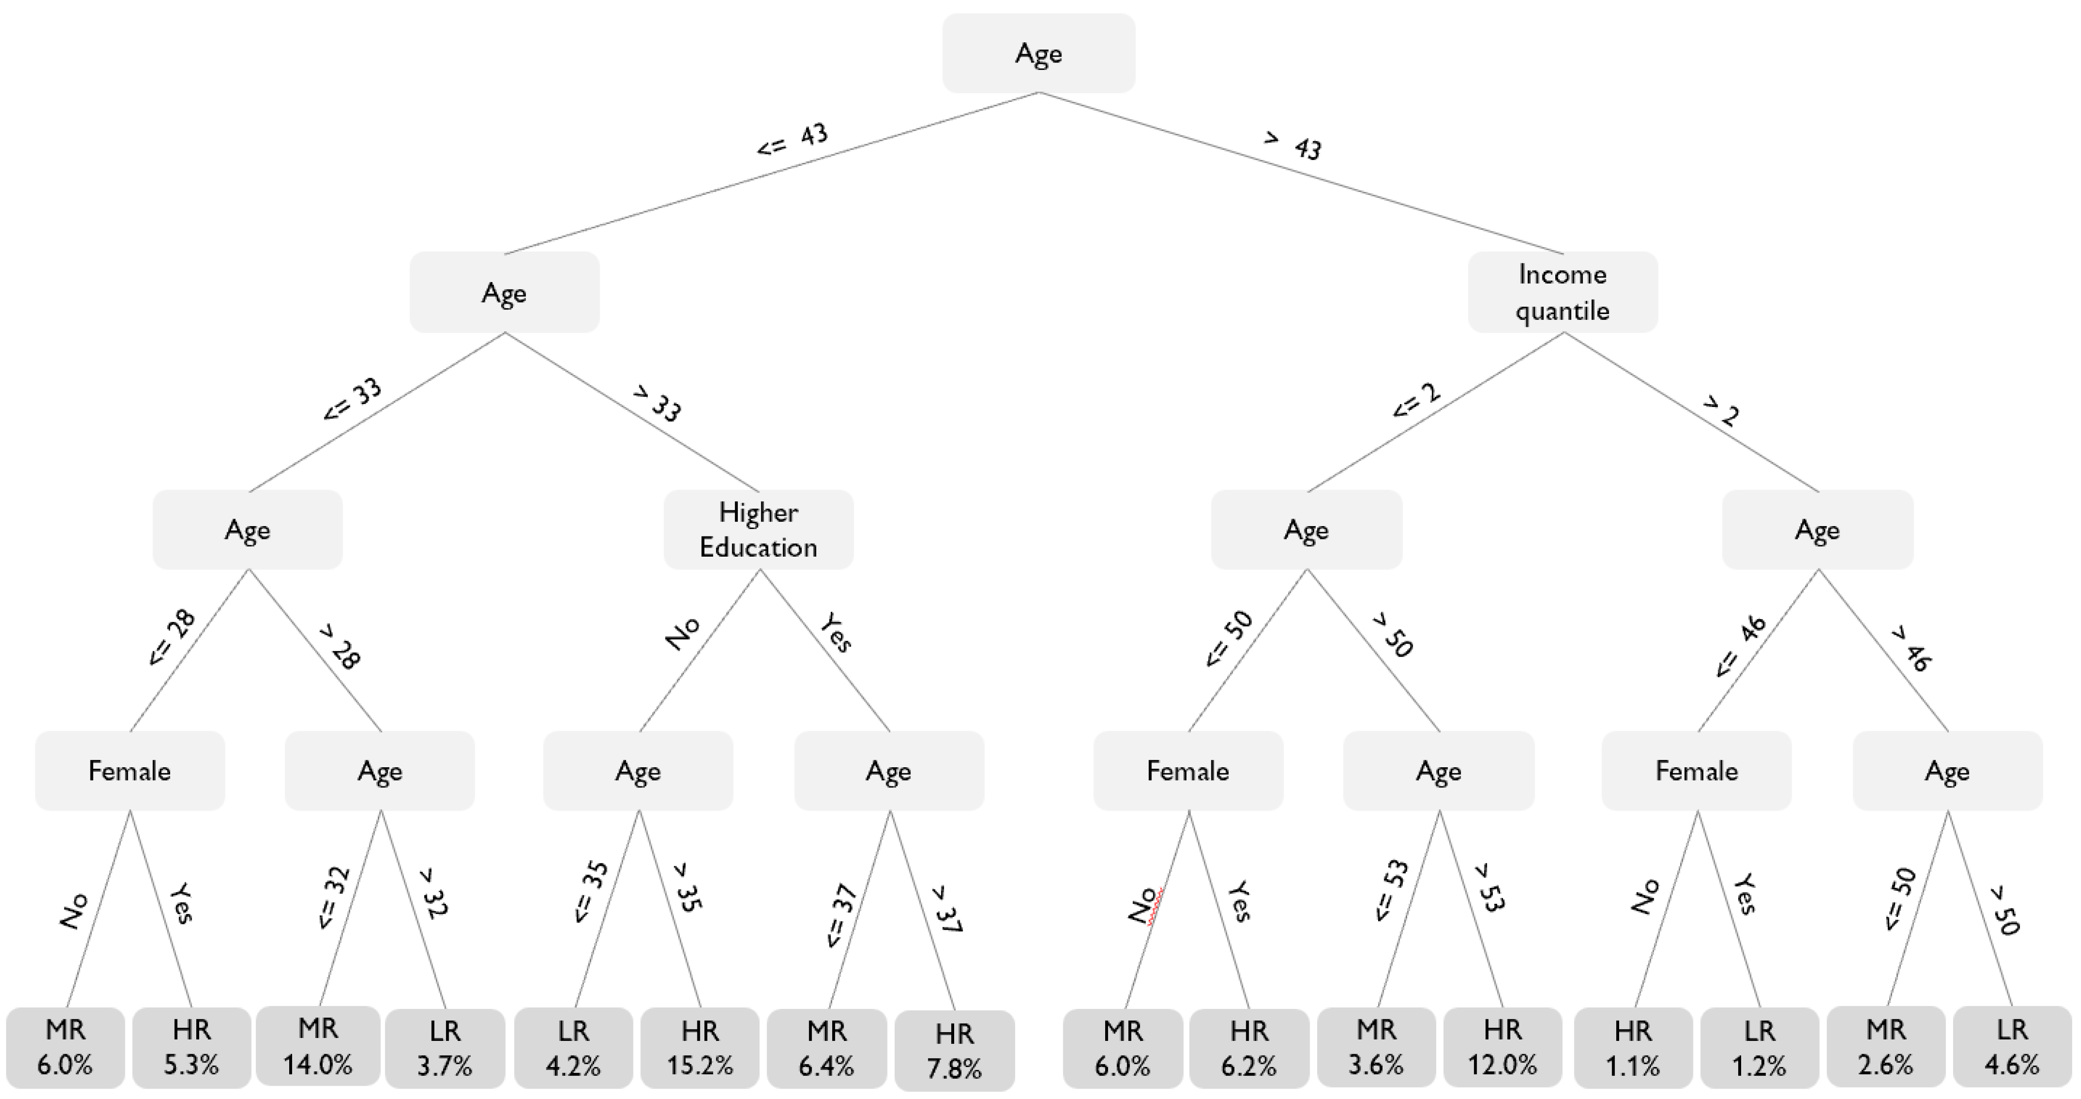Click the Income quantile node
coord(1563,292)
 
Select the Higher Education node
coord(758,529)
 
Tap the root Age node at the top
coord(1038,53)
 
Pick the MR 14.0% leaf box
coord(317,1046)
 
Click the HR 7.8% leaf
coord(954,1050)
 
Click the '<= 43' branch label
coord(792,138)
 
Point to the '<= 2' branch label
coord(1416,401)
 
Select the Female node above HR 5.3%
coord(129,771)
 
